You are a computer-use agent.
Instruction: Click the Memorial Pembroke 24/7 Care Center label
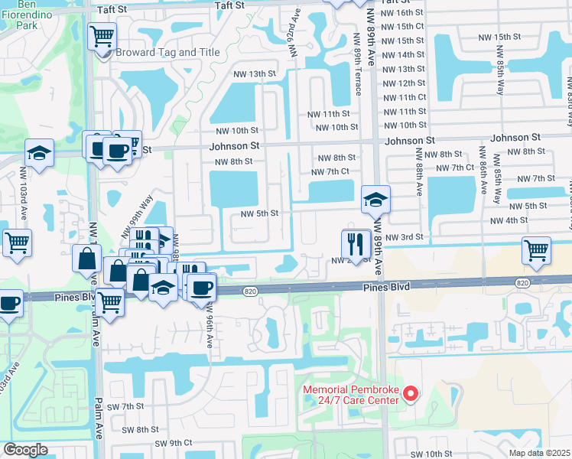click(351, 394)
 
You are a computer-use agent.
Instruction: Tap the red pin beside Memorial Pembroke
click(411, 394)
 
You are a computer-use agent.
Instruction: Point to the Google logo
click(25, 450)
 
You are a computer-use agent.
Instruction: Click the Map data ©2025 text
click(540, 453)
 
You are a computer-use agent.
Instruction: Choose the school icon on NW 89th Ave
click(375, 200)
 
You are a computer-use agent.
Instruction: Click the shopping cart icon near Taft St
click(102, 35)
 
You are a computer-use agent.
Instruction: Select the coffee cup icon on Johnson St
click(117, 151)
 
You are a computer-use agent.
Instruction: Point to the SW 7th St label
click(127, 406)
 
